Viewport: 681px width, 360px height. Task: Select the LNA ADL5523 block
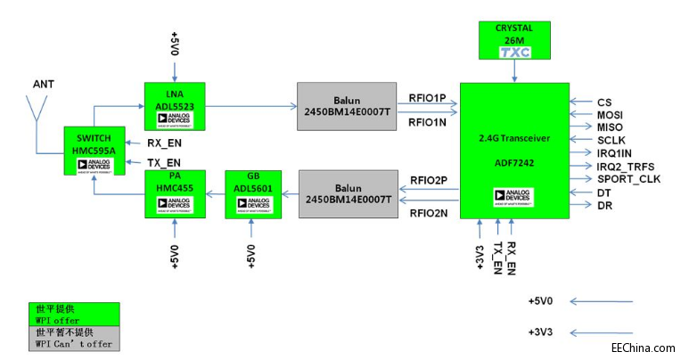[x=175, y=105]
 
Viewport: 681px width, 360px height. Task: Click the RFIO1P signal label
[x=427, y=97]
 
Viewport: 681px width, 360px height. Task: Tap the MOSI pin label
[x=611, y=114]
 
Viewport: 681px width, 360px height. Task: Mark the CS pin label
[x=605, y=102]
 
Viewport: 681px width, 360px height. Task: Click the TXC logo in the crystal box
[x=514, y=53]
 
